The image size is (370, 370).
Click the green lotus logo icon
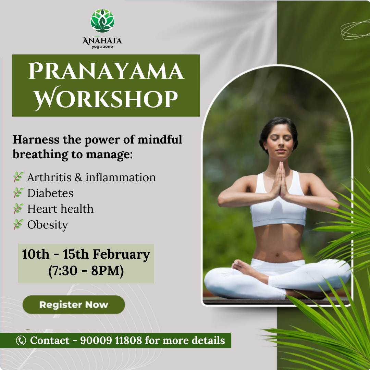(102, 21)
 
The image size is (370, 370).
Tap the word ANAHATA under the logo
(102, 40)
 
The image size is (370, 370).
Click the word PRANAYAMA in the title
(106, 71)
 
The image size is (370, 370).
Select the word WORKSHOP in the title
(106, 98)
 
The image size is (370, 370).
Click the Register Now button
(74, 305)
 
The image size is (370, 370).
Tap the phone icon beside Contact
(21, 341)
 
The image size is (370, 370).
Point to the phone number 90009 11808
(111, 340)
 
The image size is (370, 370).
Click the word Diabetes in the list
(50, 193)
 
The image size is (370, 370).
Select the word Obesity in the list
(48, 225)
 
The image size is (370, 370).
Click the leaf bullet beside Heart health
(18, 209)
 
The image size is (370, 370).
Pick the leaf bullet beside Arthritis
(18, 177)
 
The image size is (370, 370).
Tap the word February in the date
(121, 255)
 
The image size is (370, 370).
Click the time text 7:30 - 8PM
(86, 271)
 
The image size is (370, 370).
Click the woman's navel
(277, 255)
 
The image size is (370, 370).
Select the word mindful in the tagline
(160, 139)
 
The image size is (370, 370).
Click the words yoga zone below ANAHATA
(102, 47)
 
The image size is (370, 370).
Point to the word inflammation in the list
(121, 177)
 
